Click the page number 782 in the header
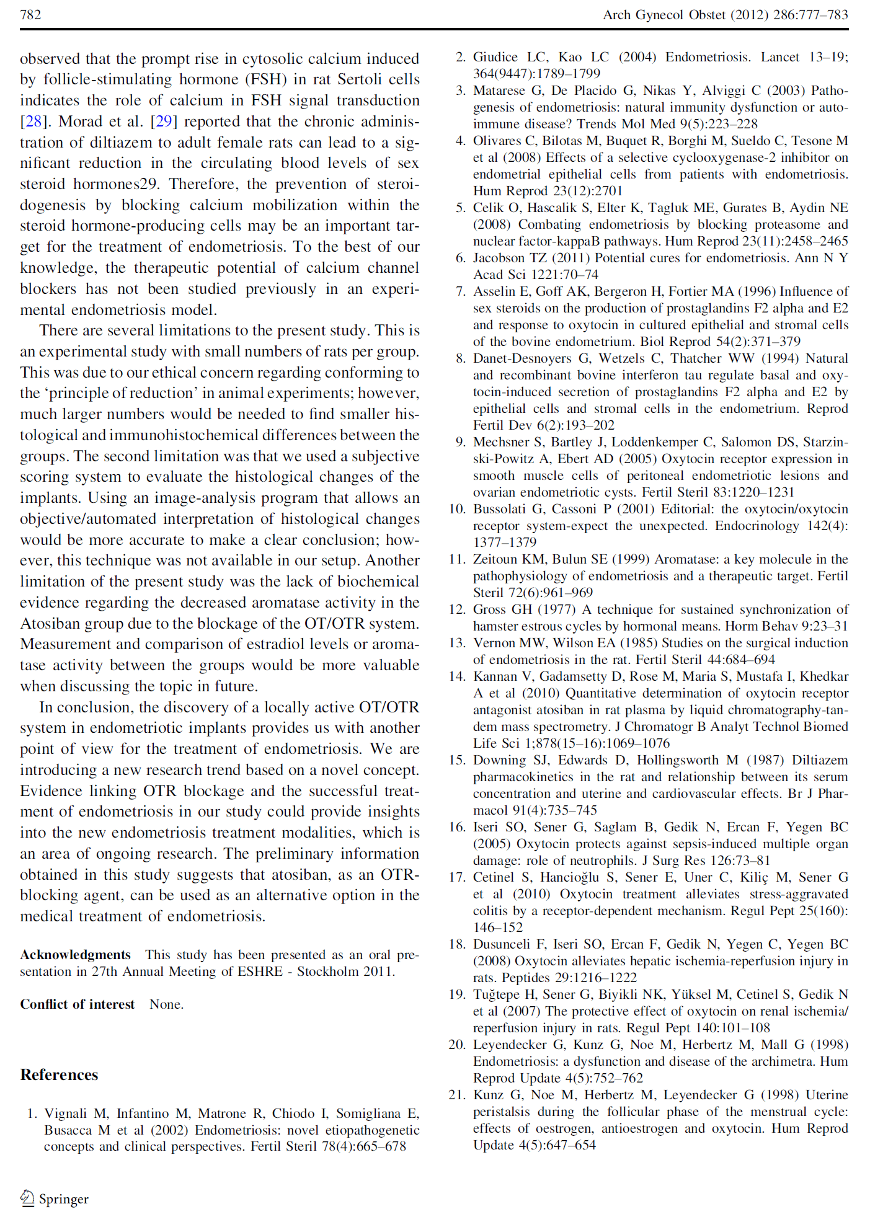[x=30, y=14]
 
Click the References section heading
[x=59, y=1074]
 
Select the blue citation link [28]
[x=32, y=121]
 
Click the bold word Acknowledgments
[x=75, y=955]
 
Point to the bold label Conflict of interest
[x=77, y=1004]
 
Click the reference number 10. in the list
[x=457, y=509]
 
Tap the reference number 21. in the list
[x=457, y=1095]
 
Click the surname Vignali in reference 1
[x=66, y=1114]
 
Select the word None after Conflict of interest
[x=166, y=1004]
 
